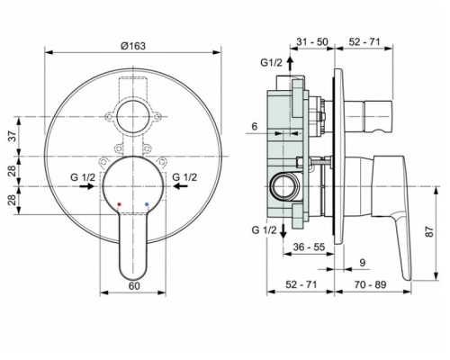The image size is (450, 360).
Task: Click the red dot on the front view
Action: [x=118, y=205]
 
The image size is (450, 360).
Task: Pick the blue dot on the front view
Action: [x=148, y=205]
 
